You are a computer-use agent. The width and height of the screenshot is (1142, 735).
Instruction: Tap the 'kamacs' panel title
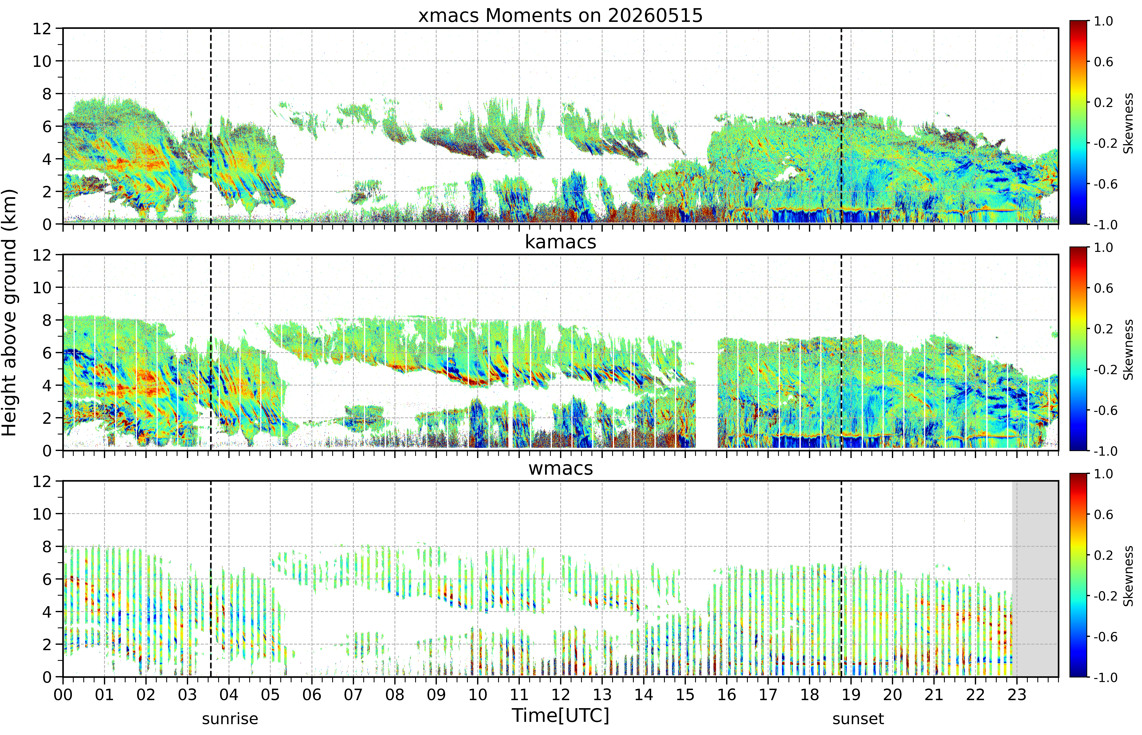pos(561,242)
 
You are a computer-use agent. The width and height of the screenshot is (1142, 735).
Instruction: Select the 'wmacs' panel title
pos(561,468)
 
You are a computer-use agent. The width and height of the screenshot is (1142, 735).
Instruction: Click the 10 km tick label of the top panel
pos(42,61)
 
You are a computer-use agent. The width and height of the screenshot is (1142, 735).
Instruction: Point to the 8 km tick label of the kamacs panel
pos(47,320)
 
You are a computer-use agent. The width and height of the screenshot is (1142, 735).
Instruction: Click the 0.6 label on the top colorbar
pos(1103,62)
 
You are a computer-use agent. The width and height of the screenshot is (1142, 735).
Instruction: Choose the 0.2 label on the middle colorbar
pos(1103,329)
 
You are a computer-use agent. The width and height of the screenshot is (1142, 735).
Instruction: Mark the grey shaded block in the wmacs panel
pos(1035,579)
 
